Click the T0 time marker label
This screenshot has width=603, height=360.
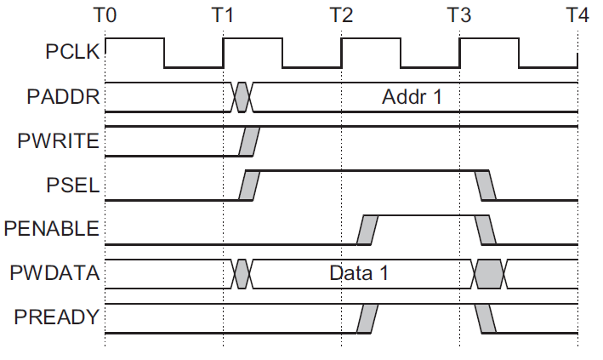coord(105,14)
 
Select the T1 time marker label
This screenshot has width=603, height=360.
coord(223,14)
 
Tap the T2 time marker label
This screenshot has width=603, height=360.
coord(341,14)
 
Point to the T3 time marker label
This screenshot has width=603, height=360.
coord(459,14)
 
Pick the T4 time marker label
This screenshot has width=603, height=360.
coord(577,14)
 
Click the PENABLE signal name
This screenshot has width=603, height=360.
coord(52,229)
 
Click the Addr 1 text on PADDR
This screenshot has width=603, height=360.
coord(412,96)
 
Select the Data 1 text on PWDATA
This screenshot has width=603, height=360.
coord(359,274)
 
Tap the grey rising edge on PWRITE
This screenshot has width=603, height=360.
coord(249,141)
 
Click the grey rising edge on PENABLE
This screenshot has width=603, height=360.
coord(367,229)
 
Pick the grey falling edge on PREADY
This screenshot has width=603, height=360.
coord(486,318)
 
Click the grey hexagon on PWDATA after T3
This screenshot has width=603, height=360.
coord(489,274)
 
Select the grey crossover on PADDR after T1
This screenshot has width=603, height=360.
coord(242,97)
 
